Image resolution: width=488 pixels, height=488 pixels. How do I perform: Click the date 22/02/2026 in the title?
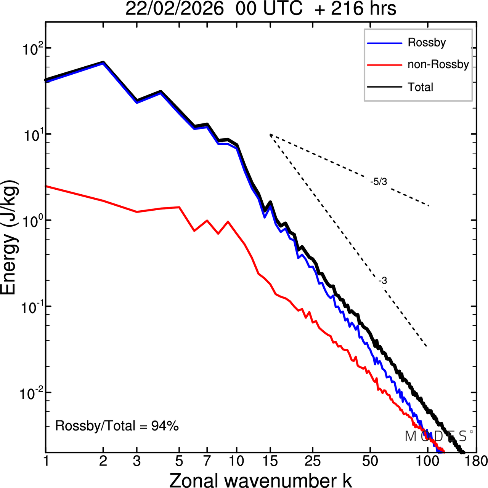174,9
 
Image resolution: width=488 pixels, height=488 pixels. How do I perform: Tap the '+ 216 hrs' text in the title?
355,9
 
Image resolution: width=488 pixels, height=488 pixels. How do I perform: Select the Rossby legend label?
427,42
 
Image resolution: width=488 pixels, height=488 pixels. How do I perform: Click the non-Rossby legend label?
438,64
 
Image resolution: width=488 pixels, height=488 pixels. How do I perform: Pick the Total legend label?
421,87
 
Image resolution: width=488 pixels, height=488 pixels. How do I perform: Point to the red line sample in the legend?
384,65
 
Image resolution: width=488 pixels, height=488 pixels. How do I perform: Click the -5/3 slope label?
379,182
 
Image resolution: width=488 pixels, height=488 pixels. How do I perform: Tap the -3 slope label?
383,281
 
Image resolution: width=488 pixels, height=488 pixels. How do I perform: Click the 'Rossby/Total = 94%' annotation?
117,426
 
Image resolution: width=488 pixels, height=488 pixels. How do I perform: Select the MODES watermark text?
436,436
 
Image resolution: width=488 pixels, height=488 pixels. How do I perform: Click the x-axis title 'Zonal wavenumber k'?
260,480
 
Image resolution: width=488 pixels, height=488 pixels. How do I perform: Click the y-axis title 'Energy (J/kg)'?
10,237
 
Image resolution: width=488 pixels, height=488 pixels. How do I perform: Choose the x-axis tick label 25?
313,461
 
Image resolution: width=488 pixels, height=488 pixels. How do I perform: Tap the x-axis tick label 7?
207,461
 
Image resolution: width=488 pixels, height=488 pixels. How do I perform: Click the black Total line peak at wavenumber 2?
103,62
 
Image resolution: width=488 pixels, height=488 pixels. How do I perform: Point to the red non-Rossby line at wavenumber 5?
179,207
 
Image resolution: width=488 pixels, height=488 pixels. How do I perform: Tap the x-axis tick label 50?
370,461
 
